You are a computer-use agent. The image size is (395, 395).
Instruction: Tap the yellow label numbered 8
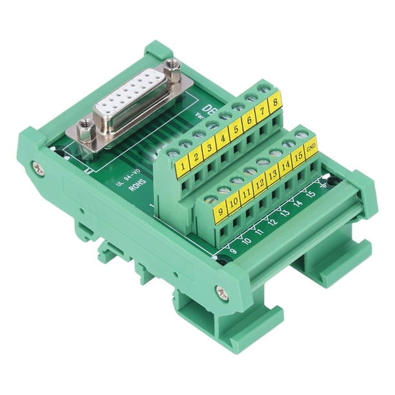[275, 101]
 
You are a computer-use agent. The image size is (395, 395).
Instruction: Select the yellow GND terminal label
[312, 151]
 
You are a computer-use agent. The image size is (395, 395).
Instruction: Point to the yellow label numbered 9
[220, 210]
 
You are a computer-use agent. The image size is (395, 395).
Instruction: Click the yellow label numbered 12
[259, 185]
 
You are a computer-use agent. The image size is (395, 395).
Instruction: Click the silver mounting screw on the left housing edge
[39, 168]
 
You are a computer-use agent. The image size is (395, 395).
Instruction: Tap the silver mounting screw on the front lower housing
[222, 294]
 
